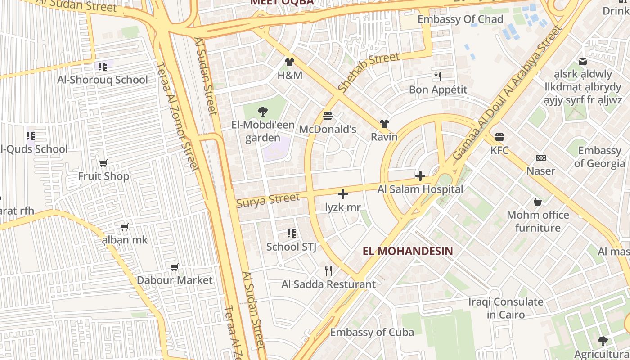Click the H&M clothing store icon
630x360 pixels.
(289, 62)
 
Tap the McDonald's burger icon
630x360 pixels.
(328, 116)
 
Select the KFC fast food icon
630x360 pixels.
(499, 137)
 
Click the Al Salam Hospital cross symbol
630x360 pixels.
(420, 176)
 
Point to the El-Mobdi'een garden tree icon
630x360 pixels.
(262, 112)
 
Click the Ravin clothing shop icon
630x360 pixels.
(384, 124)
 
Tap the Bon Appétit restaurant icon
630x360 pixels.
(438, 76)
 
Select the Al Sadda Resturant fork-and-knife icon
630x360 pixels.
(328, 270)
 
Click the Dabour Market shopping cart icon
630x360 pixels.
(175, 267)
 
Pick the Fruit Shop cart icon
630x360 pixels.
(103, 163)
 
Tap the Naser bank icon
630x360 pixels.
(541, 158)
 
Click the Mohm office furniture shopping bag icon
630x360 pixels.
(537, 202)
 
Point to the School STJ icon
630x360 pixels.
(292, 234)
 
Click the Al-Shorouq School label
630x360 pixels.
(103, 80)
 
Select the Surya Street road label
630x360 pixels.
(268, 200)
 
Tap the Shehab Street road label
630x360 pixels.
(369, 72)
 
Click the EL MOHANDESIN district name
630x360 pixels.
(408, 251)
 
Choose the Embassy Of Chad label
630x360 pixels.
(460, 19)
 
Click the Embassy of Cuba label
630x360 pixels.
(372, 333)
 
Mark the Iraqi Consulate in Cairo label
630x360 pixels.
(506, 308)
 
